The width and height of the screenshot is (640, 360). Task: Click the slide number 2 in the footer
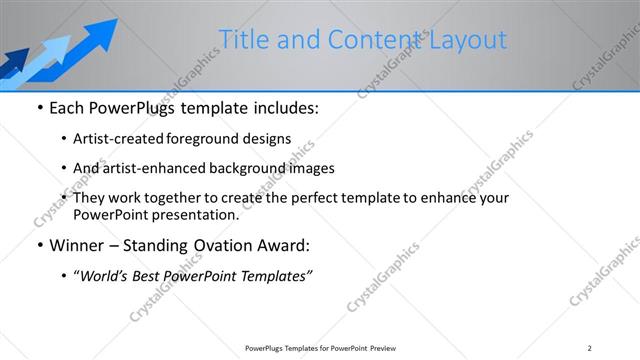point(589,347)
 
